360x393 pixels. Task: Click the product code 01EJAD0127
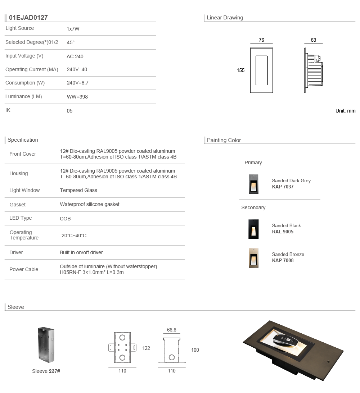(x=28, y=18)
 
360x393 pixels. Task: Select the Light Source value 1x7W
(x=73, y=29)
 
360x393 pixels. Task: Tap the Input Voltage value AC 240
(x=75, y=56)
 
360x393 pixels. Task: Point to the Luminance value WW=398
(x=77, y=97)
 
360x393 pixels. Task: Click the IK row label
(x=8, y=110)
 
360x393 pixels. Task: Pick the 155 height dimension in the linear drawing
(x=240, y=70)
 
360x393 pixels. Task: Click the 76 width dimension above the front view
(x=261, y=40)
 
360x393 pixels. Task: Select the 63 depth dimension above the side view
(x=313, y=40)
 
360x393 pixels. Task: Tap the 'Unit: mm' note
(x=345, y=111)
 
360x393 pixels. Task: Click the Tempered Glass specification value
(x=78, y=190)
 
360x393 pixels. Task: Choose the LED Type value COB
(x=65, y=219)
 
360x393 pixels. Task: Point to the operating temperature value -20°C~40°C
(x=73, y=236)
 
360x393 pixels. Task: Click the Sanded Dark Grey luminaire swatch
(x=253, y=184)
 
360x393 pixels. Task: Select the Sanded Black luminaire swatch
(x=253, y=229)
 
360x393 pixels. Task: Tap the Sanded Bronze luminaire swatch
(x=253, y=258)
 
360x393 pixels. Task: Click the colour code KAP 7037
(x=283, y=187)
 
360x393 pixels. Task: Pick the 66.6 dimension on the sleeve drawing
(x=172, y=330)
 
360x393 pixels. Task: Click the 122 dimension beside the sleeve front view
(x=146, y=348)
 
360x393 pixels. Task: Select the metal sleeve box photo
(x=46, y=345)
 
